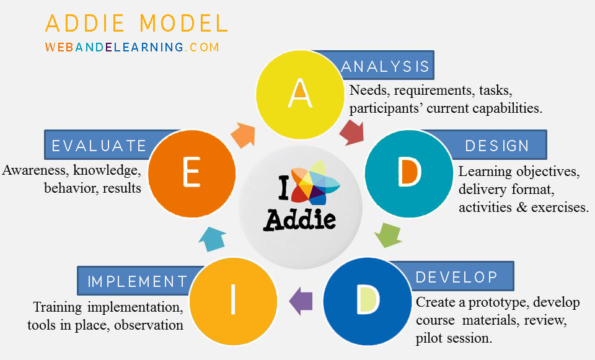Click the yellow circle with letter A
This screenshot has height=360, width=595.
tap(299, 93)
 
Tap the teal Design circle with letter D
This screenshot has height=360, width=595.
tap(407, 173)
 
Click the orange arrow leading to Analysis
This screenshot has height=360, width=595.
tap(243, 132)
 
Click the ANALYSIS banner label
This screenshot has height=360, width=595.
tap(384, 66)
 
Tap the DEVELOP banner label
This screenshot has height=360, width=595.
tap(456, 276)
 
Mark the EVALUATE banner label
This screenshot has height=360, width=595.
tap(99, 146)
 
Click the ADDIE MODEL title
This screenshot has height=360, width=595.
tap(136, 23)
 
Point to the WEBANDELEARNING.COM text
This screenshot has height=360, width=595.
tap(132, 47)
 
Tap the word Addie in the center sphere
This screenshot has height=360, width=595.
tap(300, 218)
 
